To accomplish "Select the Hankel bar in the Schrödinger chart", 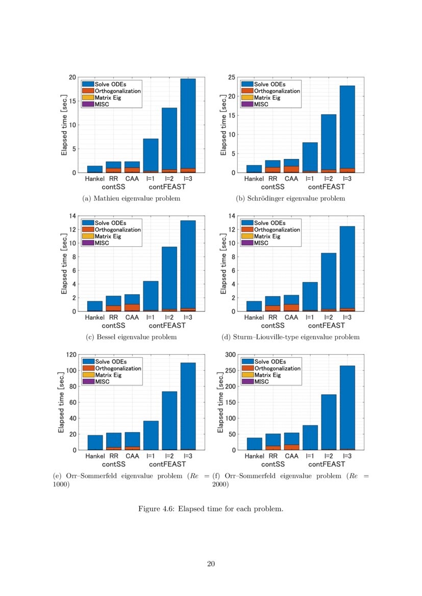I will (x=254, y=169).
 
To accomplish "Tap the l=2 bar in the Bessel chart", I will (x=169, y=278).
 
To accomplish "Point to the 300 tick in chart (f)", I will (x=229, y=354).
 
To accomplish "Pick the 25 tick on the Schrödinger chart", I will (x=231, y=77).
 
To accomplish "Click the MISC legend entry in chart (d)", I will (x=261, y=243).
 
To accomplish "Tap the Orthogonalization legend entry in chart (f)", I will (x=277, y=368).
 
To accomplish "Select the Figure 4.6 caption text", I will (x=211, y=509).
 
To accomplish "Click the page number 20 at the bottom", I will (x=211, y=563).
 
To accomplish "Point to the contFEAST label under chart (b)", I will (x=326, y=187).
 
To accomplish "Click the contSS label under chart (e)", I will (x=114, y=464).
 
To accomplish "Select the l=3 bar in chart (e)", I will (x=188, y=406).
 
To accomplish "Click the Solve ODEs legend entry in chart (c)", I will (x=111, y=223).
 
